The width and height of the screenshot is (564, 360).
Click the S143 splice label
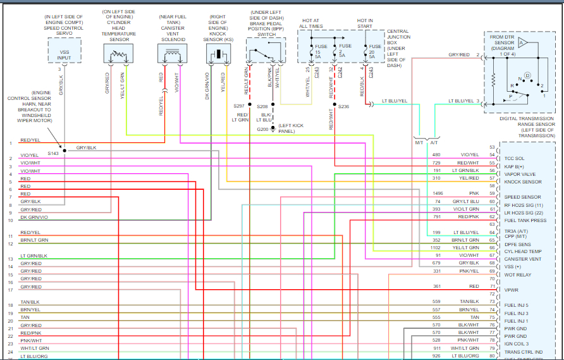(53, 153)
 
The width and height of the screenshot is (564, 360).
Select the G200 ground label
(262, 129)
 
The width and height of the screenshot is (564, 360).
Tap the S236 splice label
(343, 107)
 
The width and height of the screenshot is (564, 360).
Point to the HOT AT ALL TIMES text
(310, 24)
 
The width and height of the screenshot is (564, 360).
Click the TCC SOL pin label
(514, 158)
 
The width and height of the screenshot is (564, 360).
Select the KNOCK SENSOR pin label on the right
(522, 182)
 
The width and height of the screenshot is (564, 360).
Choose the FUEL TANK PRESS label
(524, 220)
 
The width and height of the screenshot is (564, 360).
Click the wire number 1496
(437, 193)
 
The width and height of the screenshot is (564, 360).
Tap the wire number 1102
(436, 247)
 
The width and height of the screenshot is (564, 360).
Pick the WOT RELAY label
(518, 275)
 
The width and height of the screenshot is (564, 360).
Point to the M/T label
(419, 142)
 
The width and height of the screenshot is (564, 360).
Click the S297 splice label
(238, 106)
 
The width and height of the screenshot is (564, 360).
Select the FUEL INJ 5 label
(517, 306)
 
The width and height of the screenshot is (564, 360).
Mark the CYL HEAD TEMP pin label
(522, 251)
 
